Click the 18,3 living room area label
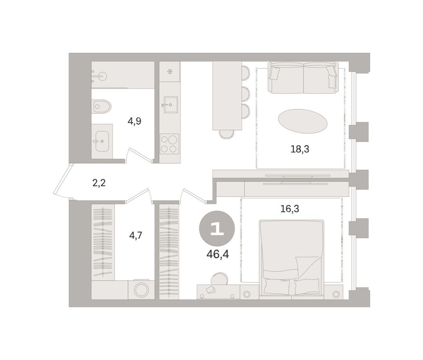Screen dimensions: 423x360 [x=300, y=149]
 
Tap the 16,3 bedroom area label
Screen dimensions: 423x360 [x=290, y=209]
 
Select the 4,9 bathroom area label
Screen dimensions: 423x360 [x=134, y=122]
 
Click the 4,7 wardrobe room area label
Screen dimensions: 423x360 [x=136, y=236]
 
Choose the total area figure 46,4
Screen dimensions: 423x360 [x=217, y=254]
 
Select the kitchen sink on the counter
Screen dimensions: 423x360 [x=170, y=105]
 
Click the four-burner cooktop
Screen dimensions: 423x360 [x=169, y=144]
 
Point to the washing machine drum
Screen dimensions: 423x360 [x=141, y=290]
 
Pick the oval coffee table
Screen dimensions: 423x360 [x=303, y=121]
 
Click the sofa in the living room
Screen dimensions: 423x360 [x=303, y=78]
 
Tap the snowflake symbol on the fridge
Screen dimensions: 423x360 [x=170, y=72]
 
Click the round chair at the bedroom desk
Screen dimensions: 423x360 [x=219, y=279]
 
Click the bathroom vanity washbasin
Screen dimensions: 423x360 [x=102, y=141]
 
